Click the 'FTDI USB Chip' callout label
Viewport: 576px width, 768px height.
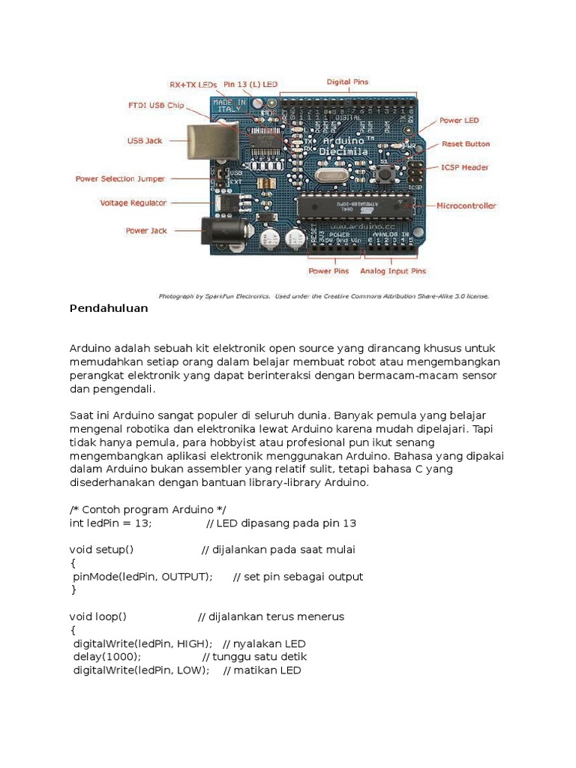[x=155, y=106]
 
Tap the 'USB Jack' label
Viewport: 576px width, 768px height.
[x=145, y=139]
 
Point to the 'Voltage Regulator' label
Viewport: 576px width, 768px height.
[x=133, y=202]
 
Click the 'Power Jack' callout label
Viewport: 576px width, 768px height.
[x=146, y=231]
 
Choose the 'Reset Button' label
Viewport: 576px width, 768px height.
[x=465, y=143]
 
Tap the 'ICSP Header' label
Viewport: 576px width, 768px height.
[x=465, y=167]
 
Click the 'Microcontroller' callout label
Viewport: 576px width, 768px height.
[x=466, y=205]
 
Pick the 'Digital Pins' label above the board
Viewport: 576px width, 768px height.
[x=347, y=82]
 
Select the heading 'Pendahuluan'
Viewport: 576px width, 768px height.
[x=109, y=308]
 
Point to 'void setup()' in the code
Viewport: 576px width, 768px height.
[x=101, y=550]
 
